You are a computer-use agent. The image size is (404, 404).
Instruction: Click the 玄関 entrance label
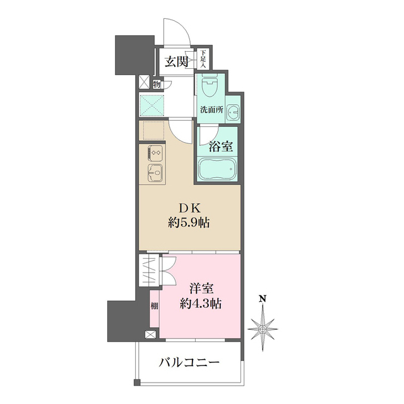pos(177,61)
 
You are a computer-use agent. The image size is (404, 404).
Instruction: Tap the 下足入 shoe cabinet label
pos(204,59)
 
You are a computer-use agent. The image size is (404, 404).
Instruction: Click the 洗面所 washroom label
pos(211,109)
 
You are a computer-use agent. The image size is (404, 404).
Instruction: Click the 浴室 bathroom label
pos(221,146)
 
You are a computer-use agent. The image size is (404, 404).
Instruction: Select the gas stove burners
pos(155,153)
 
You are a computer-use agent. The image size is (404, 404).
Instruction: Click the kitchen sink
pos(154,172)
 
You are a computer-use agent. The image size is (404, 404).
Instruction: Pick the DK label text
pos(189,209)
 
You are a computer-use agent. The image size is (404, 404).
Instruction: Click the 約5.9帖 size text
pos(189,223)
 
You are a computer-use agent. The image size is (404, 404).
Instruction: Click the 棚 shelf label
pos(155,306)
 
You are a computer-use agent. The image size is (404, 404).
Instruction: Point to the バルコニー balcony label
pos(189,362)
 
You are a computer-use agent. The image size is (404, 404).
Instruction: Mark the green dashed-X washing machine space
pos(153,105)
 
